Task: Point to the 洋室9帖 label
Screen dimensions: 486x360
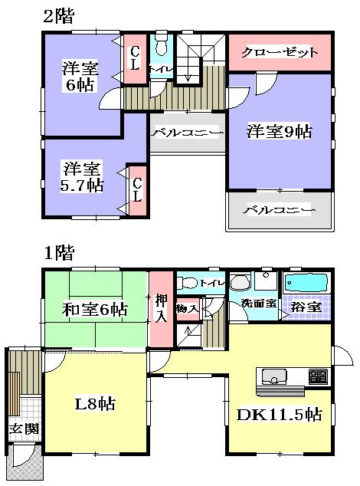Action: click(279, 132)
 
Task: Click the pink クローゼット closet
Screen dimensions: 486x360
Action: click(279, 53)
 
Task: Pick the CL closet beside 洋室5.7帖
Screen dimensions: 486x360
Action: click(137, 189)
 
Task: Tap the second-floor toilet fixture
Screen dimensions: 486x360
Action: click(161, 47)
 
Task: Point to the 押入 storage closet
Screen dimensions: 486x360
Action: click(161, 307)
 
